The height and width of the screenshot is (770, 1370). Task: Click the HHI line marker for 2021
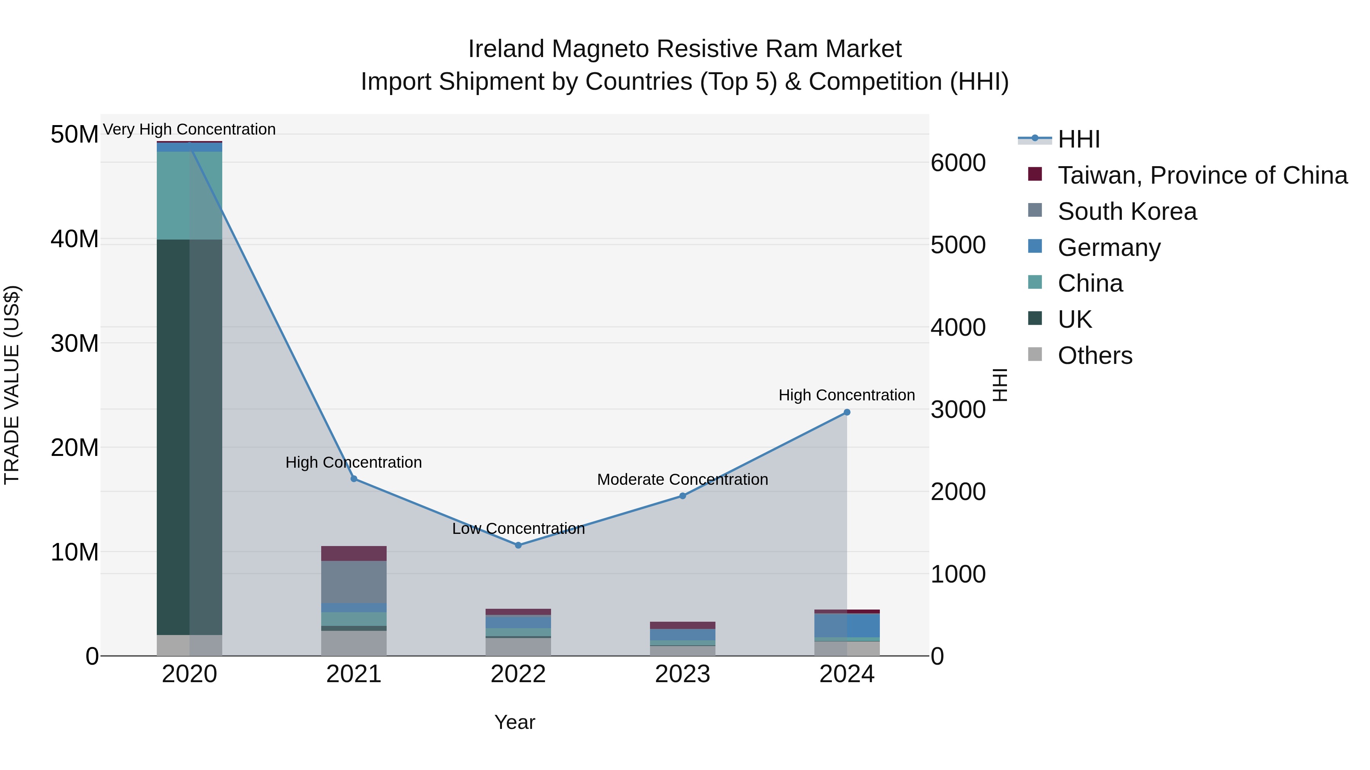click(354, 479)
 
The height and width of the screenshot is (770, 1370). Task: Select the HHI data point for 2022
click(518, 545)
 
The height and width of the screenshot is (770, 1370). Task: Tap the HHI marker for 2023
click(683, 496)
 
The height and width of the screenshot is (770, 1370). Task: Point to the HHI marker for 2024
click(847, 412)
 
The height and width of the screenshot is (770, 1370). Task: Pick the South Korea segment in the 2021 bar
click(354, 581)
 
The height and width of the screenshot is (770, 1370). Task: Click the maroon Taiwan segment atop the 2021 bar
click(354, 553)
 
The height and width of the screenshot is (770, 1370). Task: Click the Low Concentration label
click(518, 529)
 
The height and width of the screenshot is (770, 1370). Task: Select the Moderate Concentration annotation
click(682, 479)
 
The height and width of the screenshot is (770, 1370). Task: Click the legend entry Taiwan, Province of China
click(1202, 175)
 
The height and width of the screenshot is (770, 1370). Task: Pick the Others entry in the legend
click(1094, 356)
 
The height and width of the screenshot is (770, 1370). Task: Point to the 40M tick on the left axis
click(75, 239)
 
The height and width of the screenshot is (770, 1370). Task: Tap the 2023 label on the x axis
click(682, 674)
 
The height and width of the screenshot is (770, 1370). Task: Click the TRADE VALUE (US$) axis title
click(12, 385)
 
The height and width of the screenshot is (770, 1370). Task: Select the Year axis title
click(514, 722)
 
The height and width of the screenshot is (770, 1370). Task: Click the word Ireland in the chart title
click(506, 49)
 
